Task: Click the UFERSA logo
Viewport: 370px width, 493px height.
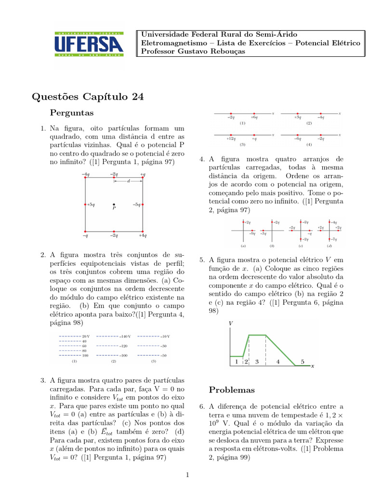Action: (x=89, y=45)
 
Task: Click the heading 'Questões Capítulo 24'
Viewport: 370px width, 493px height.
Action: (x=88, y=97)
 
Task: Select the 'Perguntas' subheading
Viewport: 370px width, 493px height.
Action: (x=72, y=113)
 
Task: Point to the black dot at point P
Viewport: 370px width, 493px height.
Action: (x=114, y=204)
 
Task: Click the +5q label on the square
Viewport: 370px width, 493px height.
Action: (x=91, y=205)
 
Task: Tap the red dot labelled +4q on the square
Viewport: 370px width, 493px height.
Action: (x=143, y=231)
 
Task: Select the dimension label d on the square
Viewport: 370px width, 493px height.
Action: (x=128, y=181)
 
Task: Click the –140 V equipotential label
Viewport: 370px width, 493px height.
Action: (x=126, y=336)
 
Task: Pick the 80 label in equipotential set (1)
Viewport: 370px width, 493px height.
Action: (x=84, y=350)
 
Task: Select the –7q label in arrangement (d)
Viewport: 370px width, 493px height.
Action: (x=333, y=239)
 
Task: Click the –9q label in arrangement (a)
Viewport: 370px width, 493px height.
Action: (x=252, y=234)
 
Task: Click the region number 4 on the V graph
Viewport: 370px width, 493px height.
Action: (x=278, y=361)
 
